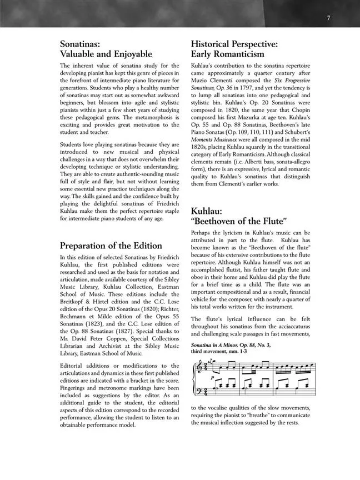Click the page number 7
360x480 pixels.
tap(328, 18)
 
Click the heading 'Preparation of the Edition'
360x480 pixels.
tap(111, 246)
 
